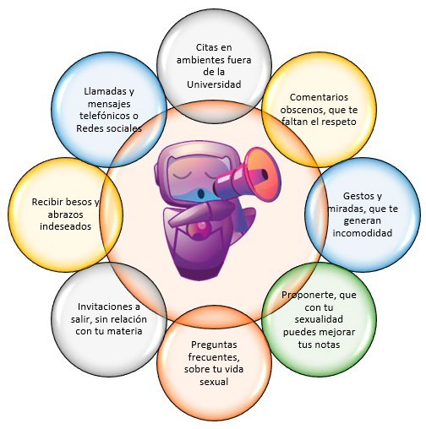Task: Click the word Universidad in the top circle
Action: click(214, 84)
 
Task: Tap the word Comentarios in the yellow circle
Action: click(319, 97)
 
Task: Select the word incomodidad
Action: click(363, 233)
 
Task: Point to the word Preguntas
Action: click(214, 345)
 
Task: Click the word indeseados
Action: click(65, 226)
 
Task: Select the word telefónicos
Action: click(102, 116)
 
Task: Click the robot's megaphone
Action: click(248, 176)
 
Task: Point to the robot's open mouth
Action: click(201, 193)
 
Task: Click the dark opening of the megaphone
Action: click(265, 175)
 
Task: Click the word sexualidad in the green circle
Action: click(319, 319)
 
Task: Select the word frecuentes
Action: click(214, 357)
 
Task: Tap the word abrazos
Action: click(65, 214)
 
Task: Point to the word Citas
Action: click(206, 47)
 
